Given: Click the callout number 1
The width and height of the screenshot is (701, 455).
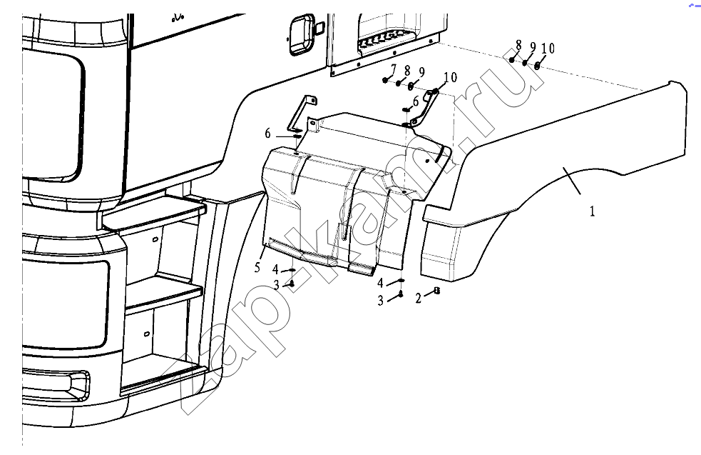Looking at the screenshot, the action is tap(592, 211).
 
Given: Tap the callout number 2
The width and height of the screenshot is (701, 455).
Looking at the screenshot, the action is tap(418, 299).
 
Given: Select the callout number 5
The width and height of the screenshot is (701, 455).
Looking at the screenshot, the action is tap(257, 267).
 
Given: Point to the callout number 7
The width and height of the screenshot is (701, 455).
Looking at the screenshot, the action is tap(394, 69).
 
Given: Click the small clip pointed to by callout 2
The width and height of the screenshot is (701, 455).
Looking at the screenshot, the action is tap(436, 291).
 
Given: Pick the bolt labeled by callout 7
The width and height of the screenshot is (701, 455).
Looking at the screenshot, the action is tap(385, 80).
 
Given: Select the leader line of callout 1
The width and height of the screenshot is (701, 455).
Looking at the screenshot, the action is tap(572, 181).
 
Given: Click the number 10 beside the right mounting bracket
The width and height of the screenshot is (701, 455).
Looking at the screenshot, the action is tap(450, 77).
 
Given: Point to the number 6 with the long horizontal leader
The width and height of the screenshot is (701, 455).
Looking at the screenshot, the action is tap(267, 134).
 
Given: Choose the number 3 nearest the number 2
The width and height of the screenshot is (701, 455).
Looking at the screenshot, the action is tap(381, 301).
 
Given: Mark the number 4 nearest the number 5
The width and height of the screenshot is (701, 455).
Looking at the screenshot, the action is tap(275, 269).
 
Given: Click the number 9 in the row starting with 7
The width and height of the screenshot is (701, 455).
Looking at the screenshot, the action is tap(421, 71).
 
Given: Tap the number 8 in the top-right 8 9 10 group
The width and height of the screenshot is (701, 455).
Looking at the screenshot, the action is tap(518, 45).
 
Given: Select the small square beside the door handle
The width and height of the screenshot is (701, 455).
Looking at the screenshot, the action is tap(319, 28).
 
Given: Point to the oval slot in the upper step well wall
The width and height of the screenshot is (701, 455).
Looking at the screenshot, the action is tap(155, 239).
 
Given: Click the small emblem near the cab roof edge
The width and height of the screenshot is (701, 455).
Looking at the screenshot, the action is tap(178, 19).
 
